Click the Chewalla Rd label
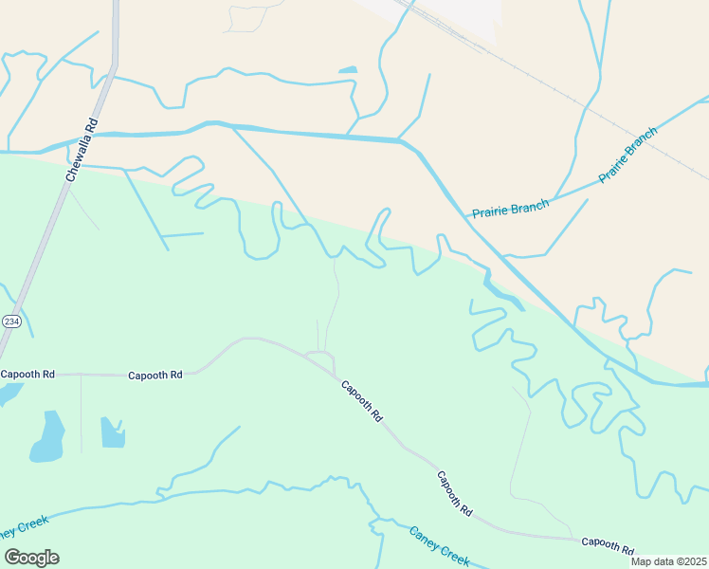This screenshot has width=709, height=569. point(82,150)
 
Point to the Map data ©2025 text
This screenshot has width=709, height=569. point(669,561)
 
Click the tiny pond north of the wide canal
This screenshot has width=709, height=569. point(348,69)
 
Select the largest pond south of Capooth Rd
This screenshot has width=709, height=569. point(47,437)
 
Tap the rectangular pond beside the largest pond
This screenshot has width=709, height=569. point(112,432)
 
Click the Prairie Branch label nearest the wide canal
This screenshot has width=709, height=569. point(510,208)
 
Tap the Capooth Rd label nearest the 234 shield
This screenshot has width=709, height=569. point(27,374)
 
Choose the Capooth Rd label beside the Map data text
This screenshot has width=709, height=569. point(608,545)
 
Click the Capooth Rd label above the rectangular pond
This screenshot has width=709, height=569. point(155,375)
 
